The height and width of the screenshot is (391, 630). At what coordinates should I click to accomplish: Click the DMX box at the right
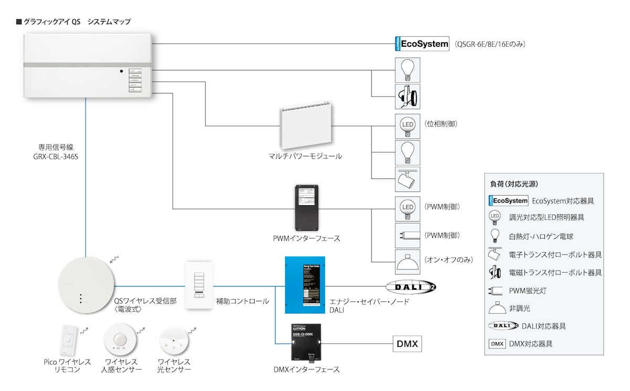click(407, 344)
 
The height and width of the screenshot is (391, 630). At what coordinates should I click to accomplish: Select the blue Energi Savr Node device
click(305, 284)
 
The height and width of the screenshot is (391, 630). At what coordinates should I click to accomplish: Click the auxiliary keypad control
click(199, 286)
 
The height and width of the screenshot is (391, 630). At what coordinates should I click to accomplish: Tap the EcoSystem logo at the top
click(422, 44)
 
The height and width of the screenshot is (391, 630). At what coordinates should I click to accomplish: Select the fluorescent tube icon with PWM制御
click(407, 235)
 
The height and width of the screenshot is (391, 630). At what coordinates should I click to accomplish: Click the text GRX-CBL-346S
click(56, 157)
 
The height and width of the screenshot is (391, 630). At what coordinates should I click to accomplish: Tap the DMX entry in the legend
click(496, 344)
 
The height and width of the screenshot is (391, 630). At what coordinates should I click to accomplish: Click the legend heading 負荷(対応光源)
click(513, 184)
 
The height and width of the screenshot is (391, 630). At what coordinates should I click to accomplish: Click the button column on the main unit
click(135, 80)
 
